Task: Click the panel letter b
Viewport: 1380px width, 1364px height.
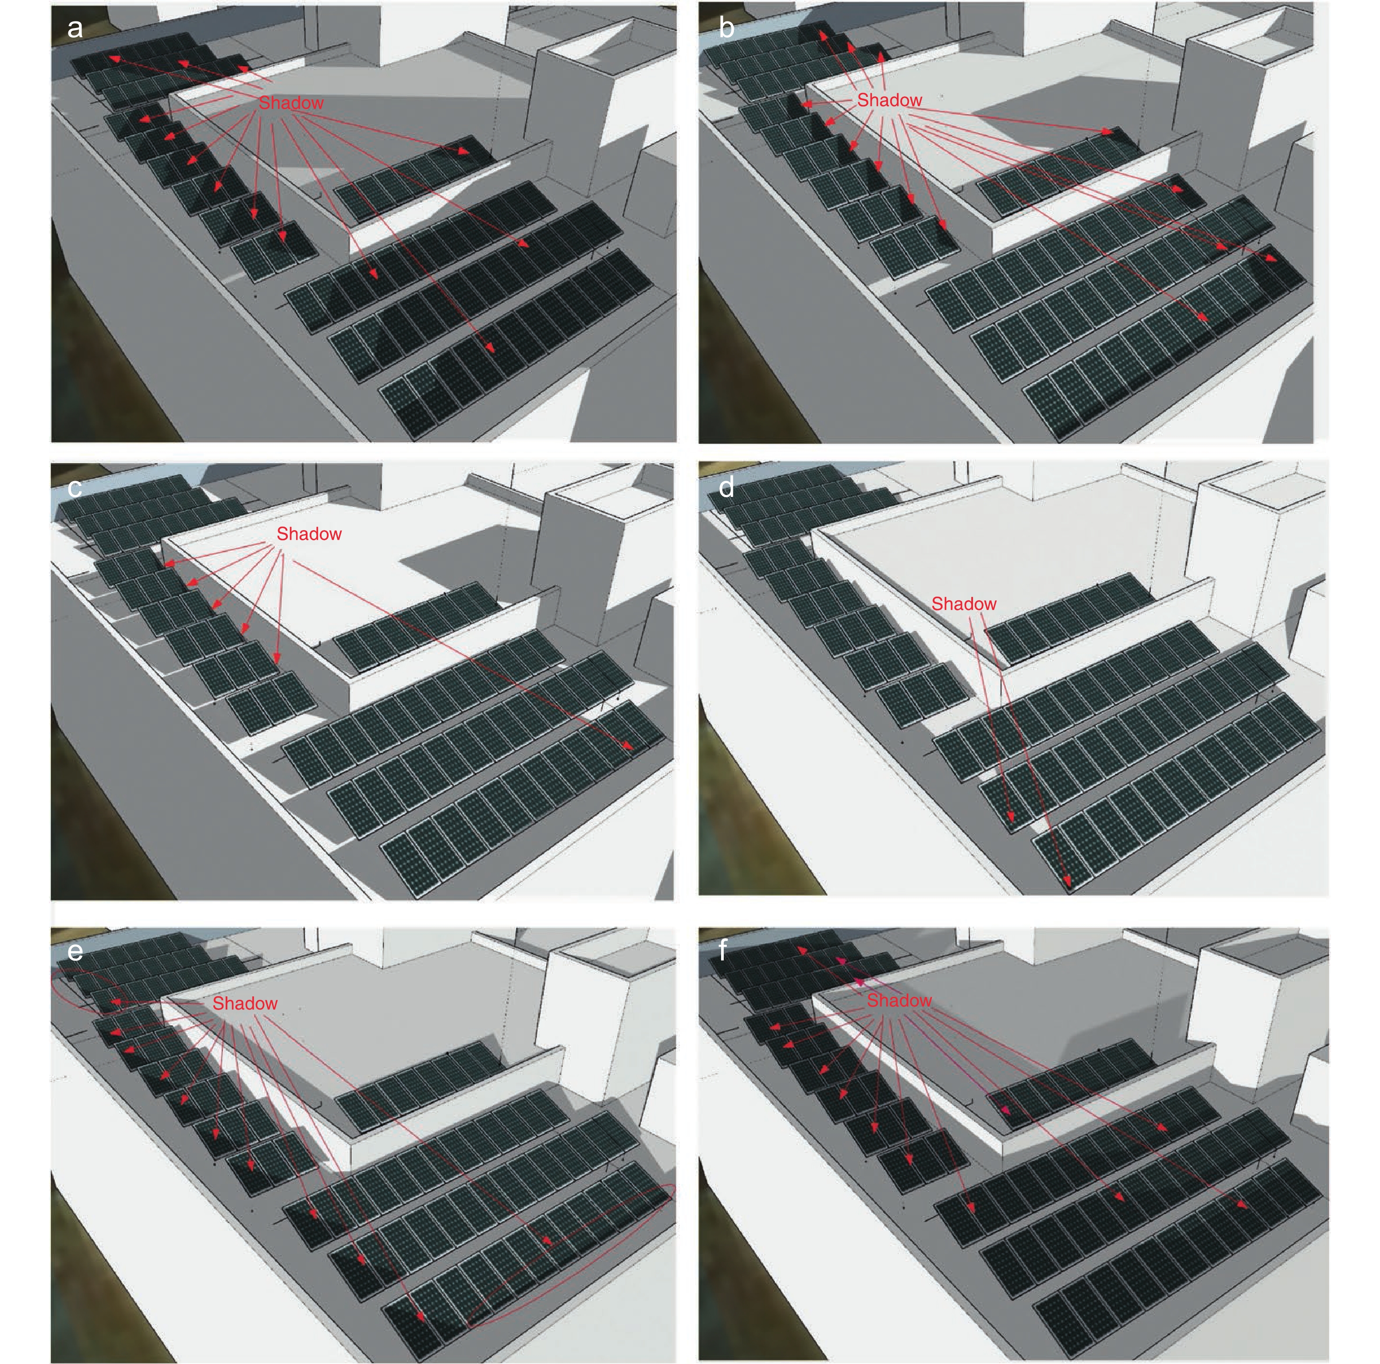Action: pyautogui.click(x=726, y=28)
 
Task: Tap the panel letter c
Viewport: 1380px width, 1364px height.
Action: pyautogui.click(x=74, y=489)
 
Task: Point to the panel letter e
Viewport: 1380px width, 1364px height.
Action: pyautogui.click(x=74, y=952)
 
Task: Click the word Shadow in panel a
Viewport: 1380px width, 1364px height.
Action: pyautogui.click(x=291, y=103)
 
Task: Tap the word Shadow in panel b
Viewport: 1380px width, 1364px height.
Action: pyautogui.click(x=889, y=100)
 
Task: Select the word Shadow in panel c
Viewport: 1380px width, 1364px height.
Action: pyautogui.click(x=308, y=534)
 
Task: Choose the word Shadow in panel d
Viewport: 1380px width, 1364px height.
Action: pyautogui.click(x=963, y=604)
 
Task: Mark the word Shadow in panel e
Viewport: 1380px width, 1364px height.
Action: pyautogui.click(x=245, y=1003)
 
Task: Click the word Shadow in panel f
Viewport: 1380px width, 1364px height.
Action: pyautogui.click(x=899, y=1000)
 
